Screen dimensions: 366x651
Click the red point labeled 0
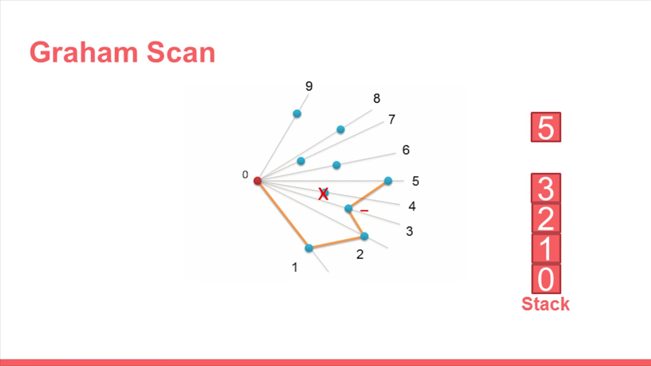(x=257, y=180)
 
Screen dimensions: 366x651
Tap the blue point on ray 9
(x=297, y=113)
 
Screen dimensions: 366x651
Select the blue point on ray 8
(x=341, y=130)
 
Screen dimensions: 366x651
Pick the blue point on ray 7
(x=301, y=161)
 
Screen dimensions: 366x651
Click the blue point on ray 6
(x=336, y=165)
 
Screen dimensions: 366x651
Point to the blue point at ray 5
(x=388, y=180)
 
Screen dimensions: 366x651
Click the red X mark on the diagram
(x=323, y=194)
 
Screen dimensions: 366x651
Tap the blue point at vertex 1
(x=309, y=248)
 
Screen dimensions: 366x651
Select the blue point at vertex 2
(x=364, y=236)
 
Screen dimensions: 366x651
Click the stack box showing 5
(x=546, y=127)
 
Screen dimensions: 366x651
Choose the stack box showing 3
(x=546, y=188)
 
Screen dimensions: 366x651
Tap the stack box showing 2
(x=546, y=219)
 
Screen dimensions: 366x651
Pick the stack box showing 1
(x=546, y=249)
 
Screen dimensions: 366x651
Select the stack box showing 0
(x=546, y=279)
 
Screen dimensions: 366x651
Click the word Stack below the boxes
(x=546, y=304)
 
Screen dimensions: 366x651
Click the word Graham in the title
(x=84, y=52)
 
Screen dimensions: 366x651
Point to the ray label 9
(x=309, y=86)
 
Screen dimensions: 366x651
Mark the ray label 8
(x=376, y=99)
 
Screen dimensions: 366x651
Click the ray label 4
(x=412, y=206)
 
